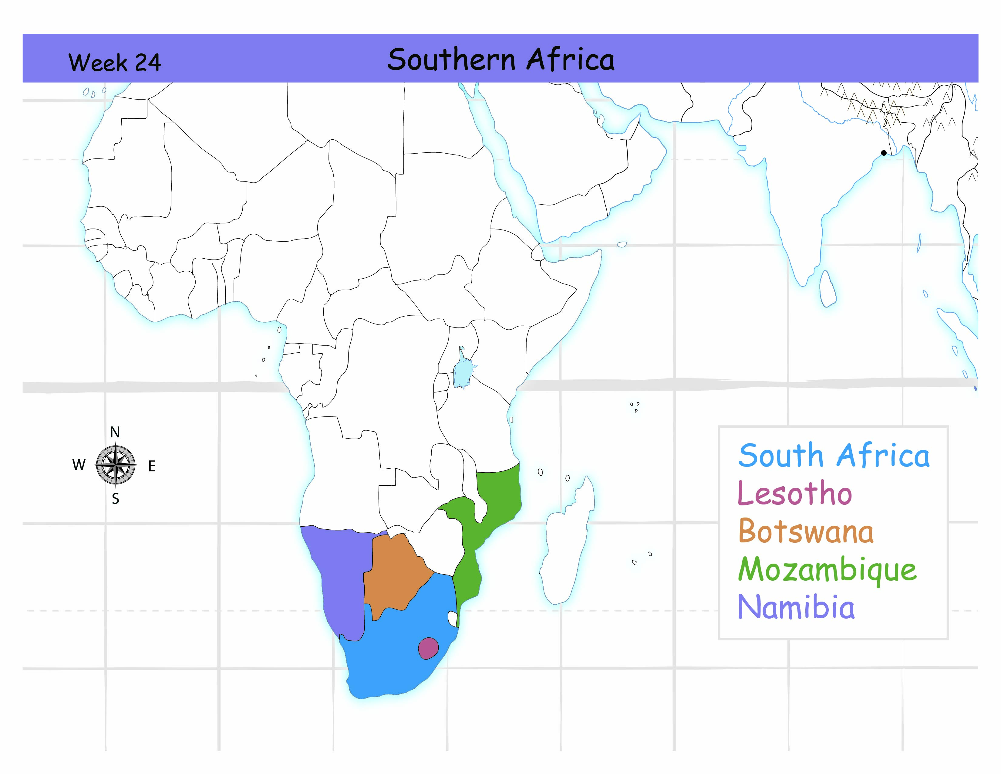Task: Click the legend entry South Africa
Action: [x=834, y=456]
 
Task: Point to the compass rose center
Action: [x=116, y=465]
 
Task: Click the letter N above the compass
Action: [x=115, y=432]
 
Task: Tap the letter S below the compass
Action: [x=116, y=499]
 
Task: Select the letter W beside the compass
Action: [x=79, y=465]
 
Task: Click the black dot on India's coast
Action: [x=883, y=153]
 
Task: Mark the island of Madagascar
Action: [x=566, y=546]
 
